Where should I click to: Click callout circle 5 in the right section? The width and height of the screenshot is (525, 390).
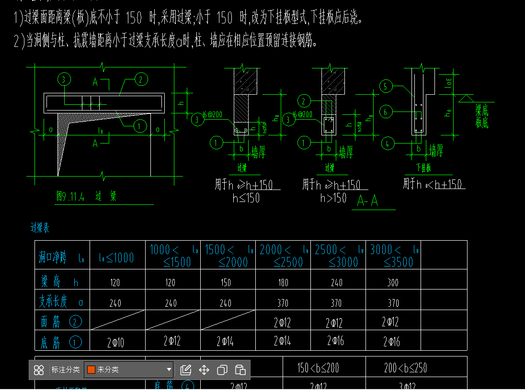click(x=386, y=86)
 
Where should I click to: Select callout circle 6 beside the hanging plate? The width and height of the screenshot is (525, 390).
click(x=386, y=112)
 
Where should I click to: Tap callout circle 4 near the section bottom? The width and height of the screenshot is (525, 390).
click(x=387, y=143)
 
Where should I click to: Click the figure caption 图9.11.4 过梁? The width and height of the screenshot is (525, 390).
click(x=86, y=197)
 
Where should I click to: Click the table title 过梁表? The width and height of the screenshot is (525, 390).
click(x=40, y=228)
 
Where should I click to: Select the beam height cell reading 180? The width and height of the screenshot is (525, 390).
click(x=283, y=282)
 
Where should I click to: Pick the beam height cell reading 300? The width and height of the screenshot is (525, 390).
click(x=393, y=282)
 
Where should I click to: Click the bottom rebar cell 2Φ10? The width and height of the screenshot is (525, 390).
click(x=115, y=342)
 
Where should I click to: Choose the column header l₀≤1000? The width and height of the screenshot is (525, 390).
click(x=116, y=258)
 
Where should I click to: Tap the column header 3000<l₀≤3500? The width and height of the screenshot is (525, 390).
click(x=393, y=256)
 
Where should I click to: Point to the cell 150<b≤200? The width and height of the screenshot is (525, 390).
click(x=318, y=368)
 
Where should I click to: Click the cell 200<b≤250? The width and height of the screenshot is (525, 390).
click(x=405, y=368)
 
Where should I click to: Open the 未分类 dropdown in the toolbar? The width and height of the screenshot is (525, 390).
click(x=128, y=369)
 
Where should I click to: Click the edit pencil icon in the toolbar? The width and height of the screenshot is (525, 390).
click(x=186, y=369)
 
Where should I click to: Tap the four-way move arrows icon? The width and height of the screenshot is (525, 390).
click(x=204, y=369)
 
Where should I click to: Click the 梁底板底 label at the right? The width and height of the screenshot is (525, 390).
click(x=481, y=116)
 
